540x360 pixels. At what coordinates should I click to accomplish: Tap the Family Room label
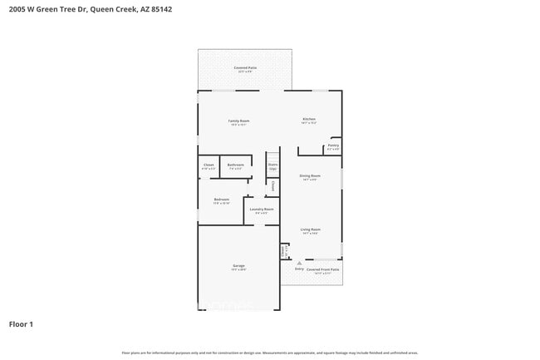239,121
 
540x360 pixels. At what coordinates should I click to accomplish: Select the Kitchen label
309,120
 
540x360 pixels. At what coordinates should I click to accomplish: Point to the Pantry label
332,145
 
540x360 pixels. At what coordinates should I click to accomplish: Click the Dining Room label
310,175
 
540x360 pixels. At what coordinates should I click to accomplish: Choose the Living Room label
311,229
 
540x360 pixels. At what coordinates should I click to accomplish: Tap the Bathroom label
235,165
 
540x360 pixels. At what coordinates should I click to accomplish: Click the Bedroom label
221,200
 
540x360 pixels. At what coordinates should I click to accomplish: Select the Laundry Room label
262,210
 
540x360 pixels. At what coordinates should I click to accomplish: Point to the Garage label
238,266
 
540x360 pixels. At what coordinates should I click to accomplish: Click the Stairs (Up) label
272,166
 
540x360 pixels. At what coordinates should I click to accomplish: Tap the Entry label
299,269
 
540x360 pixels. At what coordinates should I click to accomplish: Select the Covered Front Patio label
324,269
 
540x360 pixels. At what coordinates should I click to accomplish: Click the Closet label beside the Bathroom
209,165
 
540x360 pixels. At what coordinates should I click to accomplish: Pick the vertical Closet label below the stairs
272,187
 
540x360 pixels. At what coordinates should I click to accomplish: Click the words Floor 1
22,324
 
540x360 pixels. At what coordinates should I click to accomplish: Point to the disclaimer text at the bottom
270,352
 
